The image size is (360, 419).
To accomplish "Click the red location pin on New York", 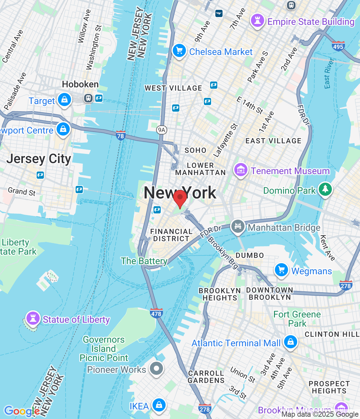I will [180, 198].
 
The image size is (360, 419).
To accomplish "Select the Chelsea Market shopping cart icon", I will [179, 51].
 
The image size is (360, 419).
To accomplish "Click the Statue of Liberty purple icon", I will [33, 318].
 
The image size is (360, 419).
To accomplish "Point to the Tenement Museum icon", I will [241, 170].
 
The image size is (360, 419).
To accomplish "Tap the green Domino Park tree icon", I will [325, 189].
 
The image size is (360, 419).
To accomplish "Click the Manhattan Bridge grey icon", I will [238, 227].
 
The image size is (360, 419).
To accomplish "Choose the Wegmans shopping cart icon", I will [281, 270].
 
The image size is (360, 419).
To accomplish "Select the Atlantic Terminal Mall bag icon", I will [290, 342].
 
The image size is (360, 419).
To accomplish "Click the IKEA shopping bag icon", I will [159, 405].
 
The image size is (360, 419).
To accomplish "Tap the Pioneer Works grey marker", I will [156, 369].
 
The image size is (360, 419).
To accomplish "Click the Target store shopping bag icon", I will [64, 100].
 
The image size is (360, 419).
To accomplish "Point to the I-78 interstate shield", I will [121, 136].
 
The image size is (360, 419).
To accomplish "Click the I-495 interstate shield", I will [338, 46].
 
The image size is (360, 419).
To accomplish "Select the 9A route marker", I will [162, 130].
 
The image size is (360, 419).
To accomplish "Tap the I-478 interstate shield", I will [156, 313].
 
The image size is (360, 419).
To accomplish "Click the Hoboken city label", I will [80, 84].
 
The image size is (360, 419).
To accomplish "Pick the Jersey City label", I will [39, 159].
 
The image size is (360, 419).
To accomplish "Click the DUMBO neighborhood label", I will [250, 255].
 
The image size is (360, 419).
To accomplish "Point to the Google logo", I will [22, 411].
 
